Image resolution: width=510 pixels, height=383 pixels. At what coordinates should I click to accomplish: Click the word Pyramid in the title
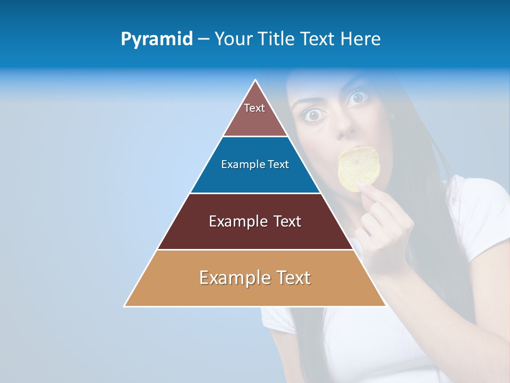click(156, 39)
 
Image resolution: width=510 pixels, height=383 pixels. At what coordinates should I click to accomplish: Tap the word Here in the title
click(360, 39)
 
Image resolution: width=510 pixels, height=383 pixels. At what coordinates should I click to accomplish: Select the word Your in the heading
click(233, 39)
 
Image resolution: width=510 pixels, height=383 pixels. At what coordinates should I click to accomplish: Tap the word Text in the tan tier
click(293, 278)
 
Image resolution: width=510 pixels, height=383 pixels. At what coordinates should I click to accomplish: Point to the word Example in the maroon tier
click(237, 221)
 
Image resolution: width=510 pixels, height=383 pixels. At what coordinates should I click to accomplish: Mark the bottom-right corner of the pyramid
click(385, 305)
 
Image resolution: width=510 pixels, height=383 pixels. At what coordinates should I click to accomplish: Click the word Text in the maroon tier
click(287, 221)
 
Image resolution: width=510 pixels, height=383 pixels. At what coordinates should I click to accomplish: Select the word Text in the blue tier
click(278, 164)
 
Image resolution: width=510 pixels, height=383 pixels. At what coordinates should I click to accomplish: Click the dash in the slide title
click(203, 39)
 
